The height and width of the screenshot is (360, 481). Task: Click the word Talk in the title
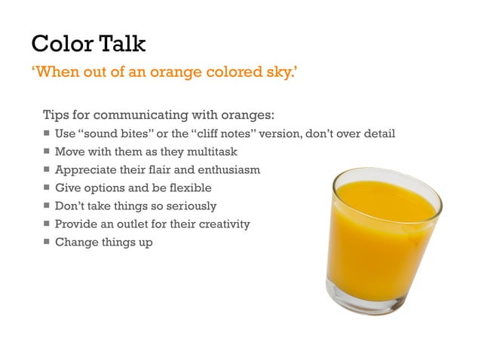click(x=121, y=43)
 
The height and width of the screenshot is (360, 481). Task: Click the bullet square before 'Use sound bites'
click(x=47, y=134)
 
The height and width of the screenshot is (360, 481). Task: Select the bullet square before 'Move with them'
click(x=47, y=152)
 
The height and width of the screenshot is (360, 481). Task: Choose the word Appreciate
click(x=85, y=170)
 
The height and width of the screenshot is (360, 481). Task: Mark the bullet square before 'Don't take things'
click(x=47, y=206)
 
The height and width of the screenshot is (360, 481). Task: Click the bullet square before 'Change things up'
click(x=47, y=243)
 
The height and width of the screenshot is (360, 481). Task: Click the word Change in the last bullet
click(x=75, y=243)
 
